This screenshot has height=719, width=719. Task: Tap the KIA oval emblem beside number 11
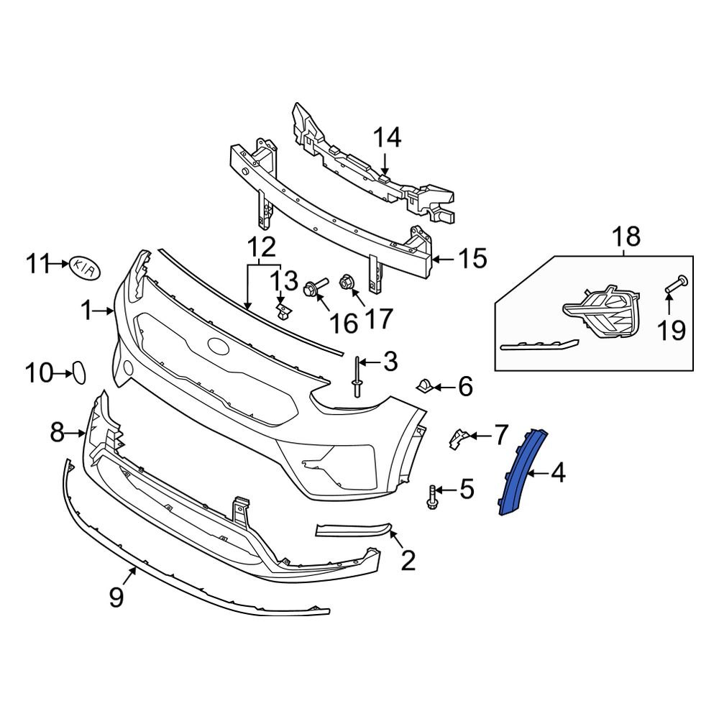point(86,267)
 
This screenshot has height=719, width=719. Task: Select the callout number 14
point(386,137)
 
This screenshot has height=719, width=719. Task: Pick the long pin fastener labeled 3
point(357,376)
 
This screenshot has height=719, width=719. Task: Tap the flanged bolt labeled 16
point(315,287)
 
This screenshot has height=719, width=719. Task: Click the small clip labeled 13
point(284,311)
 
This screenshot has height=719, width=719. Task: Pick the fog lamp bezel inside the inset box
point(602,313)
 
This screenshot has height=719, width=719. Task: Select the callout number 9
point(116,596)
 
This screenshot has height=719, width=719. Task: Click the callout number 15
point(473,258)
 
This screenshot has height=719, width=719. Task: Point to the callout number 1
point(86,311)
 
